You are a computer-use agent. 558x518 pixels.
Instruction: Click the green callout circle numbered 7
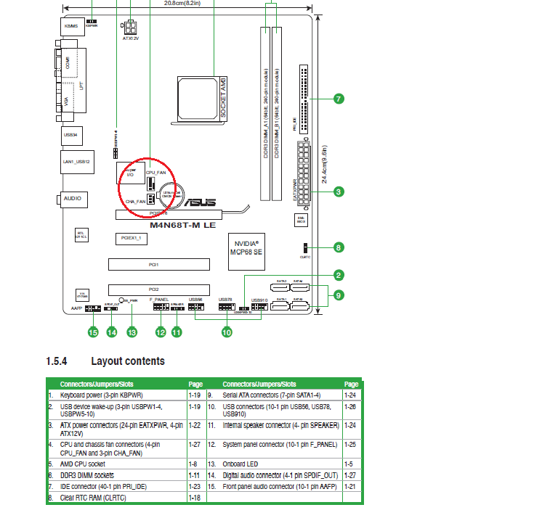(339, 99)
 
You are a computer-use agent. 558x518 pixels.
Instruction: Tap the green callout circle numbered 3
(339, 192)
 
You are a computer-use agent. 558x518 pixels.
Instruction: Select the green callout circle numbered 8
(339, 247)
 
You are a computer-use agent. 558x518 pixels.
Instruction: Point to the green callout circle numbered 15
(92, 332)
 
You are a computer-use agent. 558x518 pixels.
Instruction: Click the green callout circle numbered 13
(132, 332)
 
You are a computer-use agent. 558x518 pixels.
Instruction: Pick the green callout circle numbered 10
(227, 332)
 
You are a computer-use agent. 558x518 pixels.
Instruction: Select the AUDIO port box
(72, 198)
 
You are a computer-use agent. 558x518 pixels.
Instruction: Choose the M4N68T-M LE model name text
(182, 225)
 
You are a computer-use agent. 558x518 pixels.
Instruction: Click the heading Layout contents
(127, 361)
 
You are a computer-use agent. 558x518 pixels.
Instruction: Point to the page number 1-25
(351, 443)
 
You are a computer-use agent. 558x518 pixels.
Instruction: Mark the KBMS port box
(71, 26)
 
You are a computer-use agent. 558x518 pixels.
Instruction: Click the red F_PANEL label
(159, 299)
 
